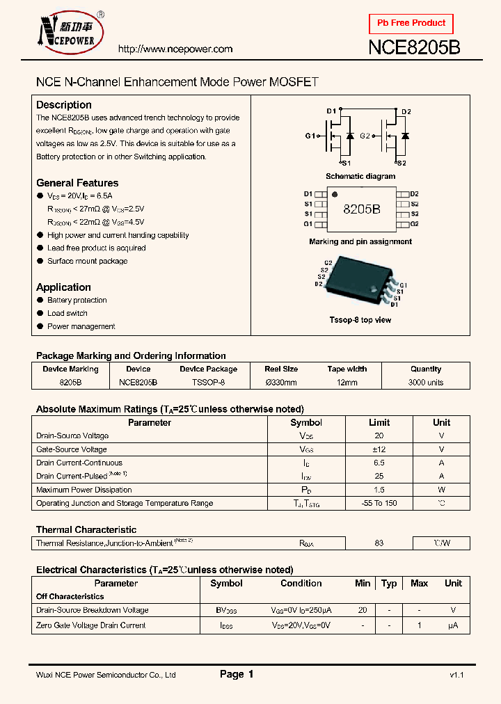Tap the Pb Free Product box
pyautogui.click(x=411, y=24)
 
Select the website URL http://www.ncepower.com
pyautogui.click(x=175, y=49)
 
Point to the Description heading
pyautogui.click(x=63, y=104)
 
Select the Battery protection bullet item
pyautogui.click(x=77, y=301)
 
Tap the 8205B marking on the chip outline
pyautogui.click(x=361, y=209)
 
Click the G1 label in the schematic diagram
pyautogui.click(x=310, y=136)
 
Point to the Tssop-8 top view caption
pyautogui.click(x=360, y=320)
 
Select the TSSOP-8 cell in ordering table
pyautogui.click(x=208, y=383)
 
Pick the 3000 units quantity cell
pyautogui.click(x=426, y=383)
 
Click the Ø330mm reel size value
pyautogui.click(x=281, y=383)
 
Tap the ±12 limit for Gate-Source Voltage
pyautogui.click(x=379, y=449)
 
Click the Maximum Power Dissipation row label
pyautogui.click(x=83, y=490)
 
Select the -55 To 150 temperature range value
pyautogui.click(x=379, y=503)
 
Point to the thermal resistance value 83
pyautogui.click(x=379, y=543)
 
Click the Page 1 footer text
pyautogui.click(x=237, y=674)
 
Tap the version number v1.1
pyautogui.click(x=456, y=675)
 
